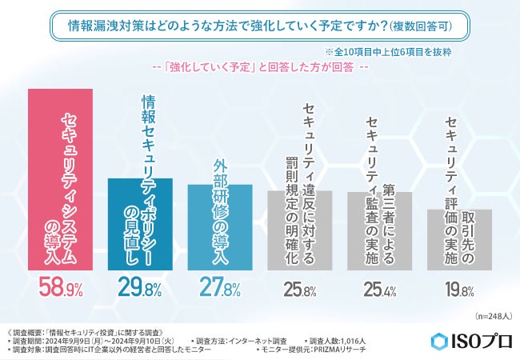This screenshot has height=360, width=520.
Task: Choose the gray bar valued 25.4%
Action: coord(378,231)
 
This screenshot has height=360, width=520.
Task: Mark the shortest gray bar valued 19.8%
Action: coord(458,240)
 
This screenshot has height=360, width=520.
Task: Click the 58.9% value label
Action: coord(60,289)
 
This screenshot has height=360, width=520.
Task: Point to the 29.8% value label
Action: coord(140,289)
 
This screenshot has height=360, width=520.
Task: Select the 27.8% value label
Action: coord(220,289)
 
